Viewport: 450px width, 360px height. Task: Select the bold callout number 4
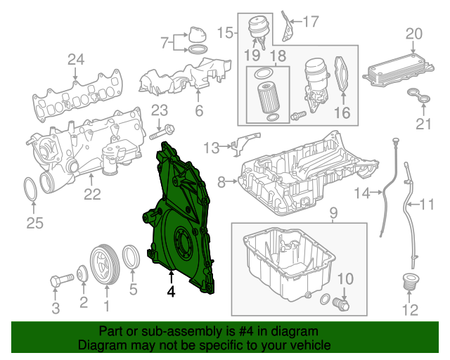point(170,290)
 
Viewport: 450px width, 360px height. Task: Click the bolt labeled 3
point(57,282)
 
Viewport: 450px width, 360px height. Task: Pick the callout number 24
point(75,60)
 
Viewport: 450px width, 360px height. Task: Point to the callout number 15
point(224,32)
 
